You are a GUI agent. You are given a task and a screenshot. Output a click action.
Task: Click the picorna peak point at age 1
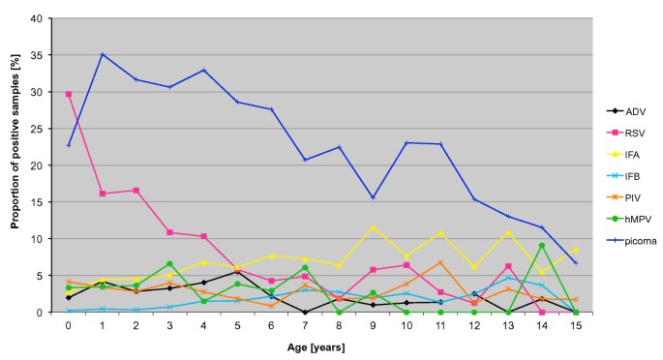point(102,54)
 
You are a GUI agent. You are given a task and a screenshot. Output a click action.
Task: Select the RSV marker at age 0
point(68,94)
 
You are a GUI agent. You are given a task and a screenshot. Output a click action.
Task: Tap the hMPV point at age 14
point(542,246)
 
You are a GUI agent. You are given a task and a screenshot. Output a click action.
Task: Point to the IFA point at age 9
point(373,227)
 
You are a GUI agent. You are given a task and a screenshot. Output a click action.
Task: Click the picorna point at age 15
point(576,262)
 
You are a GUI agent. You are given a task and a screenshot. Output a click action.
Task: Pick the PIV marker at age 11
point(440,262)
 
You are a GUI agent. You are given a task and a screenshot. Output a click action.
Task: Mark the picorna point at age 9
point(373,197)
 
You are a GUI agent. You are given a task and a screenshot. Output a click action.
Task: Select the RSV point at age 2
point(136,191)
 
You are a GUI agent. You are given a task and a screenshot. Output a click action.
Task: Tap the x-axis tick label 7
point(305,325)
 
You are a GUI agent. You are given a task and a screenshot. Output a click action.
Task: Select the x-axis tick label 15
point(576,325)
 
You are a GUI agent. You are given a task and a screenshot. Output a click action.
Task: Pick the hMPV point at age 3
point(169,263)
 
